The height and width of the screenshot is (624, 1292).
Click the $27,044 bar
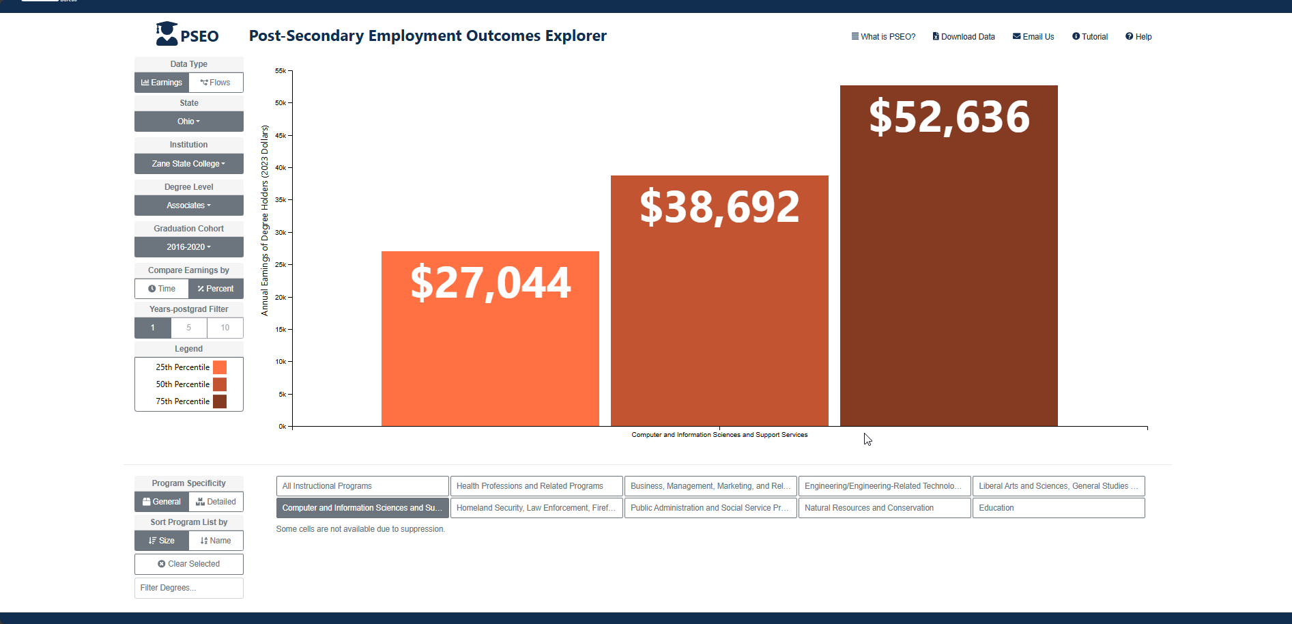tap(490, 339)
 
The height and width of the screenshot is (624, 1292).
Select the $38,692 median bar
tap(719, 301)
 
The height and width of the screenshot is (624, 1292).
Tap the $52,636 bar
tap(949, 256)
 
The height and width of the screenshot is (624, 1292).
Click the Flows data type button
tap(216, 83)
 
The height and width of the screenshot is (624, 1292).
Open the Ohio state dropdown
tap(189, 122)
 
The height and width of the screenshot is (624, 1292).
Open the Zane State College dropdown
tap(189, 164)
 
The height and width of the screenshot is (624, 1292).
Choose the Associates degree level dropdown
tap(189, 205)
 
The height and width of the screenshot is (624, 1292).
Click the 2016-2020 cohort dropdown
tap(189, 247)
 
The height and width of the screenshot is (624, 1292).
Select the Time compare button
tap(162, 289)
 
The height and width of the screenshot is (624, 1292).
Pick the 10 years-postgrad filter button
tap(225, 328)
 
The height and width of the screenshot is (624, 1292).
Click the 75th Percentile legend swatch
tap(220, 401)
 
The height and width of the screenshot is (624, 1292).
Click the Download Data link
tap(964, 37)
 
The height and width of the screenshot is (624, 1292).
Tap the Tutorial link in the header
tap(1090, 37)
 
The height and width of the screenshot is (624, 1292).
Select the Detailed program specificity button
tap(216, 502)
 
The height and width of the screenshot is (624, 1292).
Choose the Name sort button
tap(216, 541)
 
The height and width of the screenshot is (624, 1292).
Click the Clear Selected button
tap(189, 564)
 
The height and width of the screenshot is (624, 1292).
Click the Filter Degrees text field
tap(189, 588)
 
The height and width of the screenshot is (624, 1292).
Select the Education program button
tap(1059, 508)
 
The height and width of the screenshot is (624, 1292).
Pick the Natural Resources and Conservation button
tap(885, 508)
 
